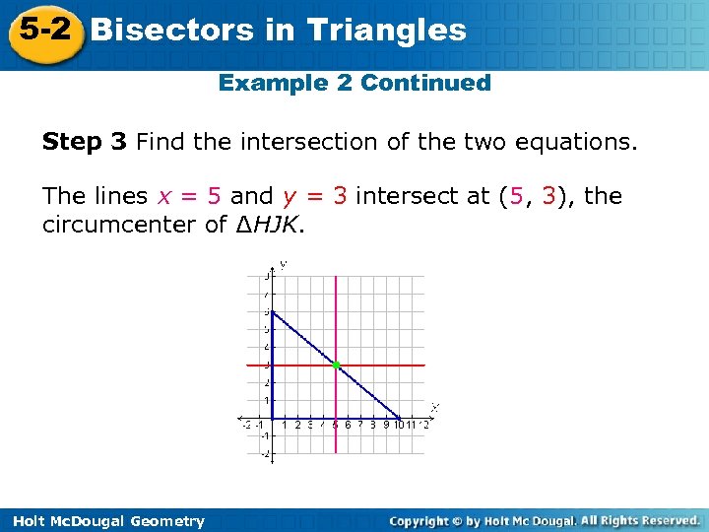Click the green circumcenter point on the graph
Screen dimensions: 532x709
[x=336, y=366]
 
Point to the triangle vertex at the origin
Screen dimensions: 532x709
[x=272, y=418]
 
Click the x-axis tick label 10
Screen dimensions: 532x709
[x=398, y=426]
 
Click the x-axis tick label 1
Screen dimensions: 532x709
[x=285, y=426]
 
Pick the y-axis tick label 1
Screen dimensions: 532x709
[x=265, y=401]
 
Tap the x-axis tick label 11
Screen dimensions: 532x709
[x=411, y=426]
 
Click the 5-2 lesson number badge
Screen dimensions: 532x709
[x=44, y=30]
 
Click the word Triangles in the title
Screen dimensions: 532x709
[x=386, y=30]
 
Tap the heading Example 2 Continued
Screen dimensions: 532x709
[x=354, y=83]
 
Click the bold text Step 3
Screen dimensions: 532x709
[x=85, y=143]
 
